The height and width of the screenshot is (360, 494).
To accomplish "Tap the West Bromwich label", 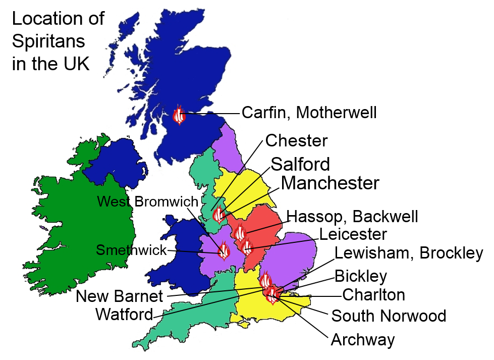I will (147, 201).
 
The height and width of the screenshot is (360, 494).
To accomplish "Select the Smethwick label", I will (131, 250).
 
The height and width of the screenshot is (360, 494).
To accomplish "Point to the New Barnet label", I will (120, 296).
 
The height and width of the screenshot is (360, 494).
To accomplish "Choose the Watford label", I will (124, 315).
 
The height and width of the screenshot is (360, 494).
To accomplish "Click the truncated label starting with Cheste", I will (292, 140).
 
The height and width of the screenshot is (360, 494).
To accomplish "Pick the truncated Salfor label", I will (295, 164).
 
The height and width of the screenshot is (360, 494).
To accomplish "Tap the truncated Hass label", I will (302, 217).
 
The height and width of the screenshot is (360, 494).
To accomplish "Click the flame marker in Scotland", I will (179, 116).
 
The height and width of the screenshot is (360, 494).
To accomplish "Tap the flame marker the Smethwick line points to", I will (224, 251).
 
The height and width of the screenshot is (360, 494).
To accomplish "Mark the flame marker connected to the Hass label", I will (240, 233).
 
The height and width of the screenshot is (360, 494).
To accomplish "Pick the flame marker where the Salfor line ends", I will (218, 216).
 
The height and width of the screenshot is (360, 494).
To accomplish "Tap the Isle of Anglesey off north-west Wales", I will (170, 221).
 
